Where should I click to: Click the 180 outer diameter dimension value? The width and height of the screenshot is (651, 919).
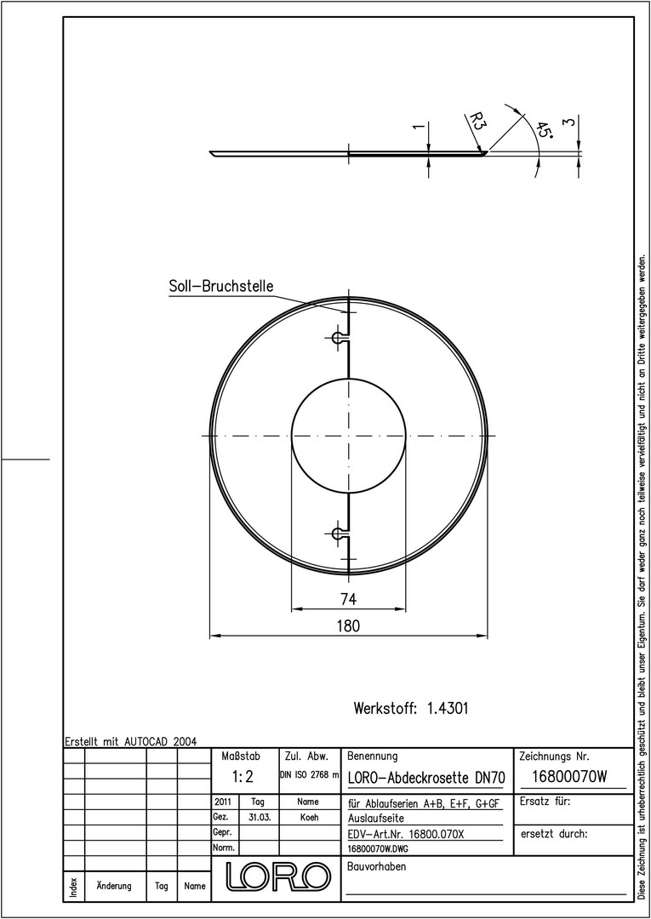pyautogui.click(x=348, y=625)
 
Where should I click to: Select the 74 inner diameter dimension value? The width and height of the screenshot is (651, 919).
pyautogui.click(x=349, y=599)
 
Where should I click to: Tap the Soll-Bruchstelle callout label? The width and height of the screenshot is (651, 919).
pyautogui.click(x=221, y=286)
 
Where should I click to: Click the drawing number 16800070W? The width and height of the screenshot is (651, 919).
pyautogui.click(x=570, y=777)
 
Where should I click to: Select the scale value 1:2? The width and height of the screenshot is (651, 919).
pyautogui.click(x=242, y=777)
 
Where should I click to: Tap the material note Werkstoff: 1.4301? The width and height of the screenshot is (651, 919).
pyautogui.click(x=411, y=708)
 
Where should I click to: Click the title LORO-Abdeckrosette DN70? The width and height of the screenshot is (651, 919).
pyautogui.click(x=426, y=778)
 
